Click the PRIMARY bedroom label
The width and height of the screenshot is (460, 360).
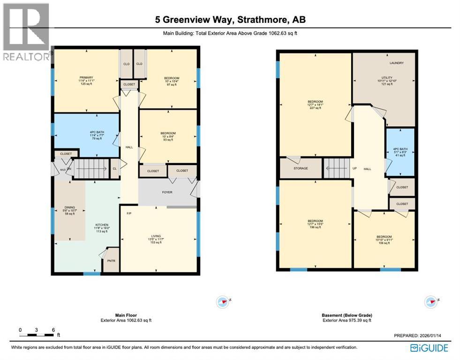click(x=86, y=77)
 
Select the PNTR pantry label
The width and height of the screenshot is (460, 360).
click(x=111, y=261)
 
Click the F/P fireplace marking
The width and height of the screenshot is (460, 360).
click(x=129, y=214)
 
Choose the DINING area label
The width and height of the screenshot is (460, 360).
click(x=69, y=208)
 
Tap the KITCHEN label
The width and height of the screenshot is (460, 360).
click(x=102, y=225)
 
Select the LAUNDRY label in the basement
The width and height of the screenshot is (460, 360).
click(x=396, y=63)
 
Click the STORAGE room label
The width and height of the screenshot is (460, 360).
click(x=301, y=168)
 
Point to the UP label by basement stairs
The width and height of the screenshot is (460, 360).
click(x=354, y=168)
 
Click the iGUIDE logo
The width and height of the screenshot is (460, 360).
click(x=429, y=348)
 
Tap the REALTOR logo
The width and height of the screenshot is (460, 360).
click(x=26, y=31)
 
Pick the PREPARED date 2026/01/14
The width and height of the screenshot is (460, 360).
click(x=420, y=336)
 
